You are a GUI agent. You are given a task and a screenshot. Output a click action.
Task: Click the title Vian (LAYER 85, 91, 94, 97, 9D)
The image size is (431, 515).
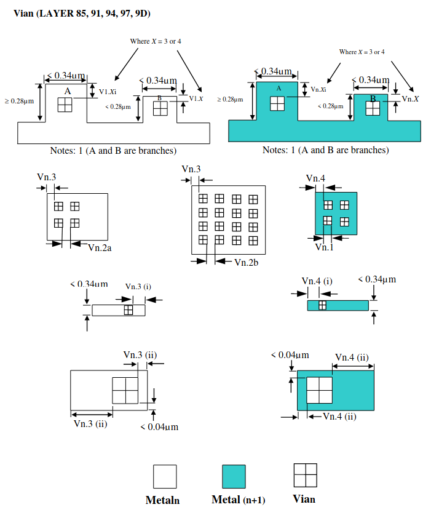82,13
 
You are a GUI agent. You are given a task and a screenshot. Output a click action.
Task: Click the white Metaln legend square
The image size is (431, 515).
165,476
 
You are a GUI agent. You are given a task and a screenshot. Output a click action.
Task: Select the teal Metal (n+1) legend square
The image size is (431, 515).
234,476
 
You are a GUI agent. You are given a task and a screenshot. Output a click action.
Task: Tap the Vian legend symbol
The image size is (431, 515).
305,475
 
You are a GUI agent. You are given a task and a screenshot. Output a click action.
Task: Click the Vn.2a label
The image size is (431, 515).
99,247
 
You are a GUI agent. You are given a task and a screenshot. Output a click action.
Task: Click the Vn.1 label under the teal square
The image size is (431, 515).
324,247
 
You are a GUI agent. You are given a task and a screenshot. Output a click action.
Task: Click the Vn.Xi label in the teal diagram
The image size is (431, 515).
318,89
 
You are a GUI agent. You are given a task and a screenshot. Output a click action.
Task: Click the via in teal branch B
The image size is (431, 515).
373,108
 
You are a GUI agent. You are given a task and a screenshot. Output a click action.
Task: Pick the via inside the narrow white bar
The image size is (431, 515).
128,310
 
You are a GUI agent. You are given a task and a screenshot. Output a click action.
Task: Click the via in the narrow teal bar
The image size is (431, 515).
322,305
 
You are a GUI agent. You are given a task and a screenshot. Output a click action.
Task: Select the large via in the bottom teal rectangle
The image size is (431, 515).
319,389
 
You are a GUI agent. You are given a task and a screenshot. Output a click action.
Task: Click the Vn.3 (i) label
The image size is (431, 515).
138,286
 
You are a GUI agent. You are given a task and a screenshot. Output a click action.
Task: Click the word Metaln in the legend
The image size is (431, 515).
162,500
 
